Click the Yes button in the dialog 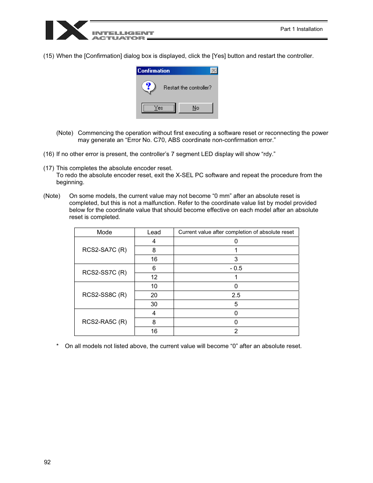pos(158,108)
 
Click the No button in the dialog pos(195,108)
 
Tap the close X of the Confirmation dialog pos(213,71)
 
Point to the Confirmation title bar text pos(154,71)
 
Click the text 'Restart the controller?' pos(187,88)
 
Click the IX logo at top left pos(66,30)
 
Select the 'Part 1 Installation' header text pos(301,29)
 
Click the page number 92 pos(47,462)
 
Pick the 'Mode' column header pos(104,232)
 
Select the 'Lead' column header pos(154,232)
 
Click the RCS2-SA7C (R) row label pos(104,250)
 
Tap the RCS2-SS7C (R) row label pos(104,272)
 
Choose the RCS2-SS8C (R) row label pos(104,294)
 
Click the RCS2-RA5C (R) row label pos(104,321)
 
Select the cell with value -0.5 pos(236,268)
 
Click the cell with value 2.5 pos(236,295)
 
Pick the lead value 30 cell pos(154,304)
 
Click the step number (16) pos(49,154)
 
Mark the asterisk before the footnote pos(57,346)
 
